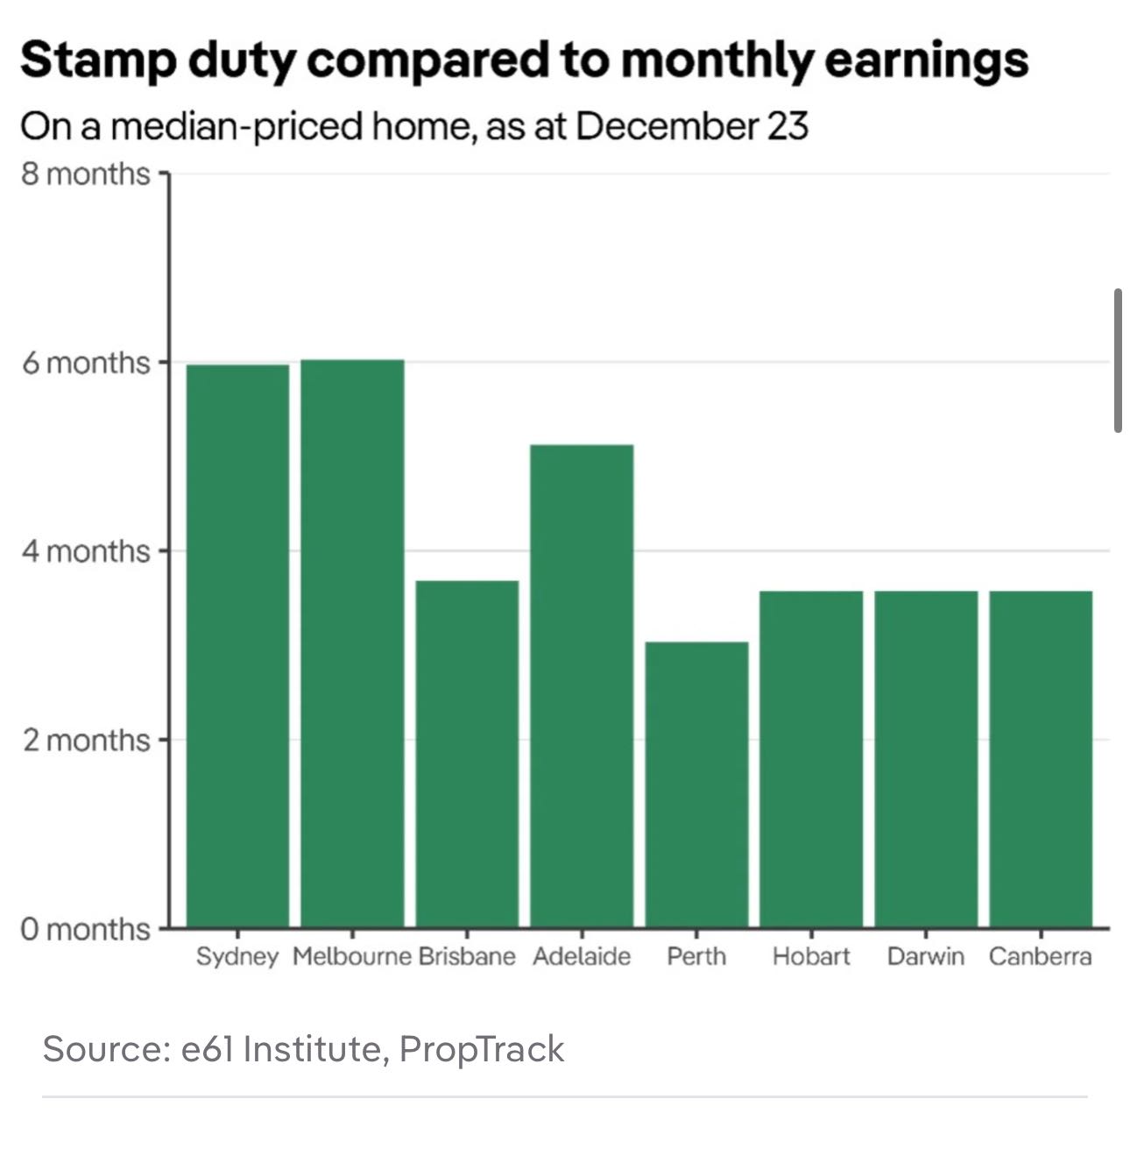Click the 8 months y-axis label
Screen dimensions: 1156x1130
86,174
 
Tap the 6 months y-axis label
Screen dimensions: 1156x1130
86,362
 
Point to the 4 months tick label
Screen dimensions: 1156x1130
86,551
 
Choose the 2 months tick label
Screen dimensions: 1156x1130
86,740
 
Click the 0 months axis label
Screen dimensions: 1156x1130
86,928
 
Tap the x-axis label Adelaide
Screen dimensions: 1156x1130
582,955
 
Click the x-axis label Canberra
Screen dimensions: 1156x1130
1040,955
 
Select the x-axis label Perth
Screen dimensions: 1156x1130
696,955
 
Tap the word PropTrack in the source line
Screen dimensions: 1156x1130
482,1048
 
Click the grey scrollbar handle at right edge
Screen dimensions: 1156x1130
1118,360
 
